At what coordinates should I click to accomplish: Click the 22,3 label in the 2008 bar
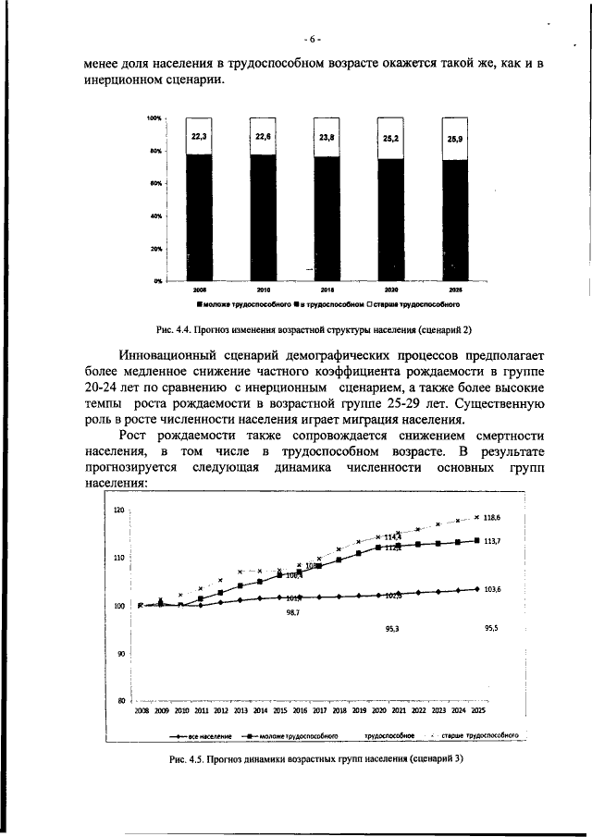tap(199, 136)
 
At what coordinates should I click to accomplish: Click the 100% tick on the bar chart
tap(154, 118)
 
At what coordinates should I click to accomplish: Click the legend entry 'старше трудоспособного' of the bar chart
tap(417, 303)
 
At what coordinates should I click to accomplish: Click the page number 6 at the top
tap(314, 39)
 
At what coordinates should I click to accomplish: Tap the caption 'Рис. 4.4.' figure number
tap(173, 328)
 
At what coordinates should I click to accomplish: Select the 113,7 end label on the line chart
tap(491, 542)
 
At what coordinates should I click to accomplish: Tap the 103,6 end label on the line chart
tap(491, 589)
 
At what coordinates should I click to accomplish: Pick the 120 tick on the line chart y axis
tap(119, 511)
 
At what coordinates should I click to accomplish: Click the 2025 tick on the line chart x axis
tap(477, 711)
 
